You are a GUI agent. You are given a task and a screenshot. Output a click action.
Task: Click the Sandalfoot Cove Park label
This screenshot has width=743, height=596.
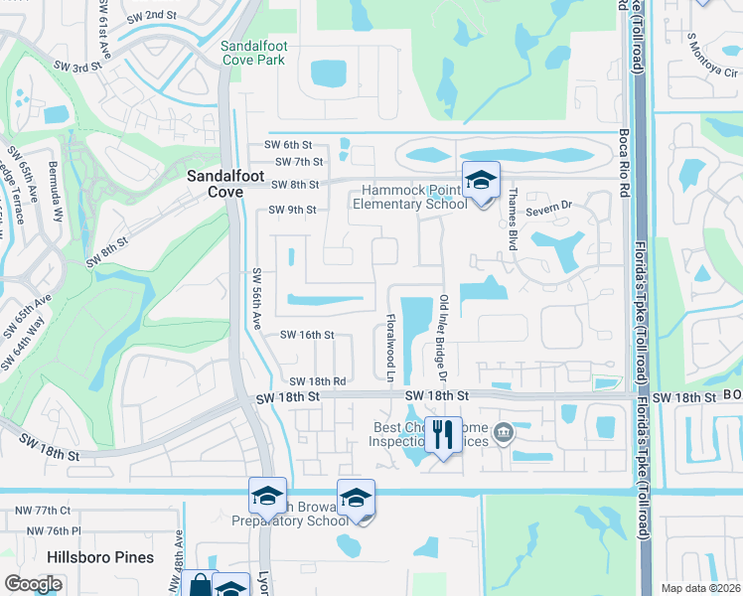pyautogui.click(x=252, y=53)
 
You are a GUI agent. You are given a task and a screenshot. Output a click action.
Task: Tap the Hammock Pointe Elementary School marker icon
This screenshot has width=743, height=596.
pyautogui.click(x=481, y=181)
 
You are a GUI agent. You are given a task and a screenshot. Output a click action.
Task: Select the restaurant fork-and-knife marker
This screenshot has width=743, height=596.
pyautogui.click(x=443, y=434)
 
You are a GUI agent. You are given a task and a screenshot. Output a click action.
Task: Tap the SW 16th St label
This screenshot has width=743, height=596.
pyautogui.click(x=307, y=336)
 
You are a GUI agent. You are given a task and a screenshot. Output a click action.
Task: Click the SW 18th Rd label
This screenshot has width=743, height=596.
pyautogui.click(x=317, y=381)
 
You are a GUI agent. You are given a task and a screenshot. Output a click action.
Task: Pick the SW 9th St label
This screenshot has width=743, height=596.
pyautogui.click(x=292, y=210)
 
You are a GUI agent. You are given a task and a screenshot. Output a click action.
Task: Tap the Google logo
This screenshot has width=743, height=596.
pyautogui.click(x=34, y=584)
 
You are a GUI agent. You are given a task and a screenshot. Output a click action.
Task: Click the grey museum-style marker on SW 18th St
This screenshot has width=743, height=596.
pyautogui.click(x=504, y=432)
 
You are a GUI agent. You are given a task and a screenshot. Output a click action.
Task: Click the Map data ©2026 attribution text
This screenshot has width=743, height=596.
pyautogui.click(x=701, y=588)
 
